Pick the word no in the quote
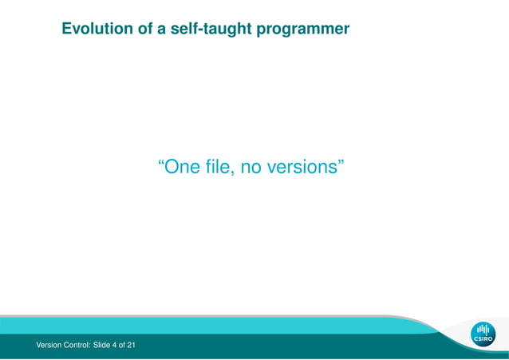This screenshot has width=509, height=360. coord(252,168)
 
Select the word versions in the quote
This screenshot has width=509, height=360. coord(303,168)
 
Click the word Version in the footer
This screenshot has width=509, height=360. coord(49,345)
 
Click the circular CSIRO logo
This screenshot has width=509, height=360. coord(483,334)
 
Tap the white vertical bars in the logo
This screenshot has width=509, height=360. coord(483,330)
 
